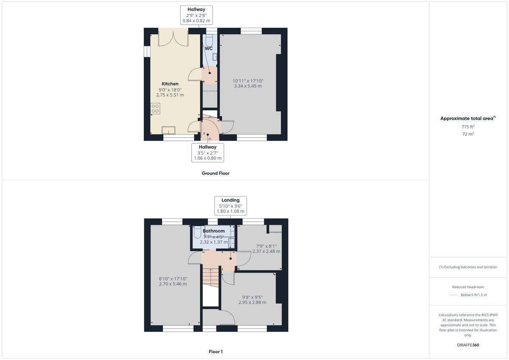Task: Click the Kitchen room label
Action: (x=170, y=84)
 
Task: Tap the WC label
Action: (x=209, y=49)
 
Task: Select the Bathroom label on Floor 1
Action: (x=214, y=231)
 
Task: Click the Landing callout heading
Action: (x=230, y=200)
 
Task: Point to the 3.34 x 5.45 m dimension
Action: (x=247, y=86)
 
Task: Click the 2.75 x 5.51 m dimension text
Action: (x=170, y=95)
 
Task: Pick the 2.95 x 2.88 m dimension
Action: (x=254, y=302)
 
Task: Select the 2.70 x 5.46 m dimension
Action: (x=173, y=284)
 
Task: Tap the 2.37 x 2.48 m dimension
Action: (x=266, y=251)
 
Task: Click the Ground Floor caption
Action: (x=215, y=173)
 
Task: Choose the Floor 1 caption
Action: (x=215, y=352)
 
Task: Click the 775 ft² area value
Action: (x=468, y=127)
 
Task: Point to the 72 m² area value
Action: (x=468, y=134)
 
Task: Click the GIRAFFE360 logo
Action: (x=468, y=345)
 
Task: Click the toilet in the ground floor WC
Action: (x=209, y=39)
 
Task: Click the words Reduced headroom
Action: (x=468, y=287)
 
